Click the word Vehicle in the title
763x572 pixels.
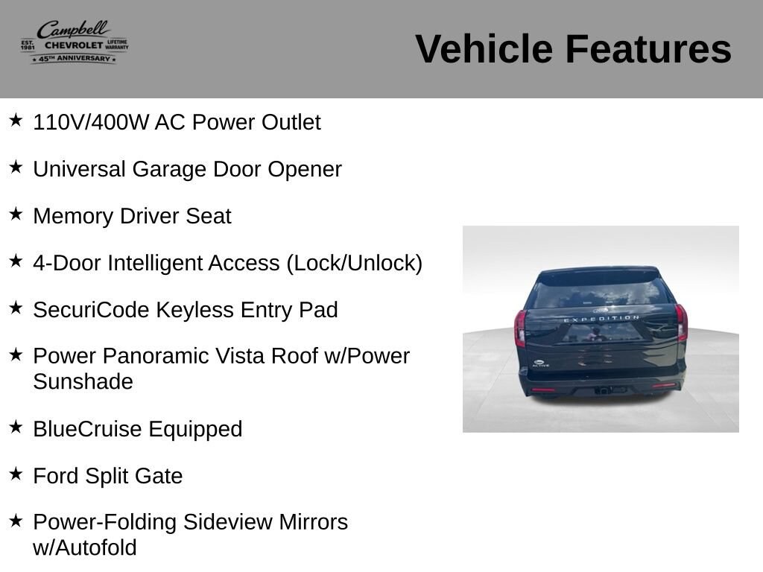(484, 48)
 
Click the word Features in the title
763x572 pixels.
(648, 48)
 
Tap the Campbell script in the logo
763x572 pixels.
(74, 30)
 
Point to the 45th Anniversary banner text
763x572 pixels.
(74, 58)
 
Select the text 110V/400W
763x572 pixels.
(90, 122)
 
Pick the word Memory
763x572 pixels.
(73, 217)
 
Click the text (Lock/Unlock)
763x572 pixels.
(354, 263)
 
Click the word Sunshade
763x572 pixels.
(83, 382)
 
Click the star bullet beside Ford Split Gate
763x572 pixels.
(16, 473)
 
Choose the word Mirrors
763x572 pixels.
(314, 522)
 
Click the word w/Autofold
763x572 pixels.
(85, 547)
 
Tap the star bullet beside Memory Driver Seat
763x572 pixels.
(16, 214)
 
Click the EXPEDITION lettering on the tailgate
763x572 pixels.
(601, 319)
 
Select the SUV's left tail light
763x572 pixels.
(520, 328)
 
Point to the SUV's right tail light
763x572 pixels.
(681, 322)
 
